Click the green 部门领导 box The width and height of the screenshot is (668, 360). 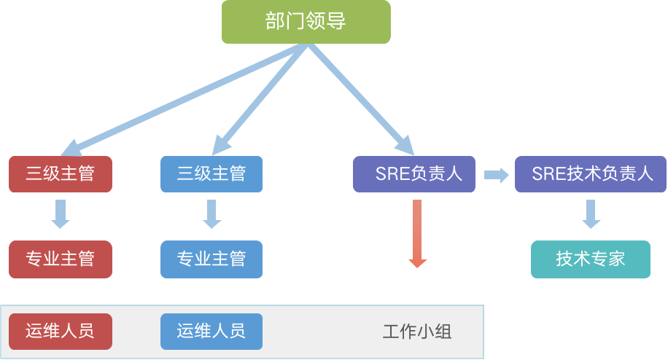pyautogui.click(x=306, y=21)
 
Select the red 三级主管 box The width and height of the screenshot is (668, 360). pyautogui.click(x=61, y=174)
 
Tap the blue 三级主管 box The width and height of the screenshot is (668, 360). pyautogui.click(x=211, y=174)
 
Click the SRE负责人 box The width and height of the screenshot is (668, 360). pyautogui.click(x=414, y=174)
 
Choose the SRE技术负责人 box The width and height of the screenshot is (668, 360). pyautogui.click(x=591, y=174)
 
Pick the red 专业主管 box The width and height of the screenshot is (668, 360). pyautogui.click(x=61, y=259)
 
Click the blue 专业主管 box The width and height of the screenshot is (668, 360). pyautogui.click(x=211, y=259)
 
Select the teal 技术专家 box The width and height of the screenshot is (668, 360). pyautogui.click(x=591, y=259)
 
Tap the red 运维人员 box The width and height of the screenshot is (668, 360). pyautogui.click(x=61, y=332)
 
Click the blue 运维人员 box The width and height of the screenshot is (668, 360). pyautogui.click(x=211, y=332)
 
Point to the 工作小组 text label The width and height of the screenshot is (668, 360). pyautogui.click(x=417, y=332)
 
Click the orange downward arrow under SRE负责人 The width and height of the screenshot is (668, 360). pyautogui.click(x=417, y=233)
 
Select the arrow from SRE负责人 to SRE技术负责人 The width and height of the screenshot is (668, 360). pyautogui.click(x=496, y=175)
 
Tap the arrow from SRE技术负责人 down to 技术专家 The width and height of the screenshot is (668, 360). pyautogui.click(x=591, y=215)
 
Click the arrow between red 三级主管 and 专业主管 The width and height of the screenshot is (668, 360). pyautogui.click(x=61, y=215)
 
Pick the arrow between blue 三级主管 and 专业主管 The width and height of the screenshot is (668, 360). pyautogui.click(x=211, y=215)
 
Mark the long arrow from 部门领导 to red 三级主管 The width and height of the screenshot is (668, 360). pyautogui.click(x=182, y=98)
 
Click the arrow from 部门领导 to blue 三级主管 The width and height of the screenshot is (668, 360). pyautogui.click(x=259, y=98)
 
